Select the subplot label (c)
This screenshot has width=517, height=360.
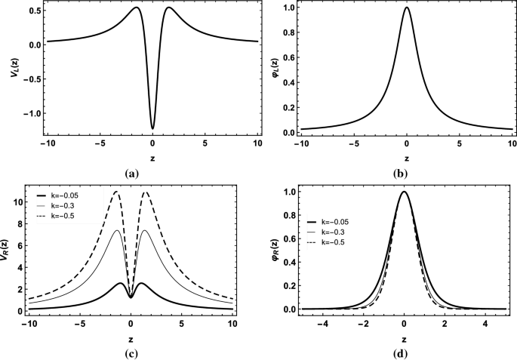133,352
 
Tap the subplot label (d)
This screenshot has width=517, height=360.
405,352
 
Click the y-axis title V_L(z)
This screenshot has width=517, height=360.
8,70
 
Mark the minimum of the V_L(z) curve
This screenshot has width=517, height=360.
152,128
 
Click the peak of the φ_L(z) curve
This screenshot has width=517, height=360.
406,8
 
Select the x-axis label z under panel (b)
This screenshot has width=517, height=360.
406,159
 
